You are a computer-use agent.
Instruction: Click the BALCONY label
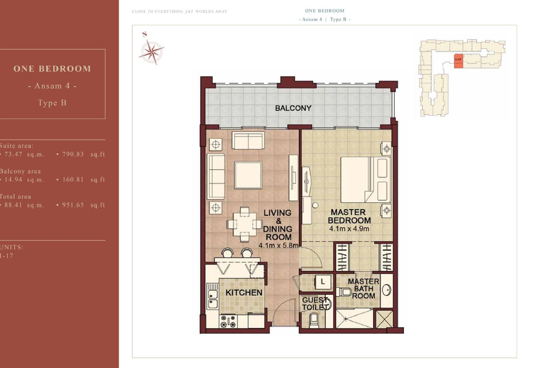[x=293, y=108]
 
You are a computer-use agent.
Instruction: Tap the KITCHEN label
[x=244, y=292]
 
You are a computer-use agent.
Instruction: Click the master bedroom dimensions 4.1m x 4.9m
[x=349, y=229]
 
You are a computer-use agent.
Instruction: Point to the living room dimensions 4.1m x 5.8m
[x=279, y=245]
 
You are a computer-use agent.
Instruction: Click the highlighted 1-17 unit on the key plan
[x=458, y=60]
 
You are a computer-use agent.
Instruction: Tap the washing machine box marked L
[x=323, y=282]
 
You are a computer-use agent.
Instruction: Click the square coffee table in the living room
[x=248, y=175]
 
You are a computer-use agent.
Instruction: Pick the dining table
[x=245, y=224]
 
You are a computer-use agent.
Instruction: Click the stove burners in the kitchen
[x=228, y=321]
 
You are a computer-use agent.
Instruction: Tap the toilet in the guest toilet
[x=314, y=320]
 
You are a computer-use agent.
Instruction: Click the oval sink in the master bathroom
[x=386, y=290]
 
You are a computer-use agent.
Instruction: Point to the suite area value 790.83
[x=73, y=154]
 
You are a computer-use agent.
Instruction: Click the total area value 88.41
[x=13, y=205]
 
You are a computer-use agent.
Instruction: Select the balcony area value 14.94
[x=13, y=180]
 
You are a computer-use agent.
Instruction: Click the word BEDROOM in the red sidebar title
[x=65, y=69]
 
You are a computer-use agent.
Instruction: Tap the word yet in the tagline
[x=189, y=11]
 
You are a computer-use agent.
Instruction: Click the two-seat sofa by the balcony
[x=248, y=140]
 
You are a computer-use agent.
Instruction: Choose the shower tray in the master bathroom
[x=354, y=319]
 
